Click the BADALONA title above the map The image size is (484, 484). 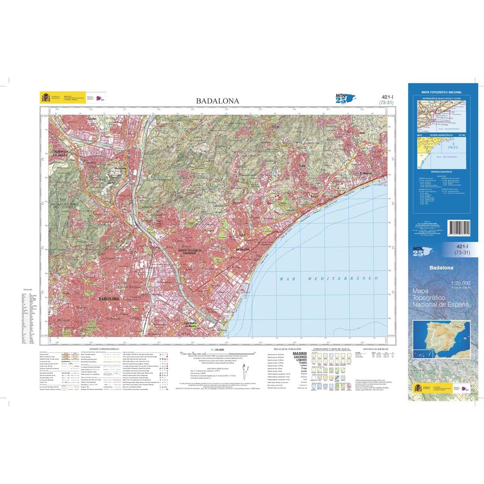click(x=217, y=101)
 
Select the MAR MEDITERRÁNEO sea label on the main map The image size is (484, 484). click(x=329, y=279)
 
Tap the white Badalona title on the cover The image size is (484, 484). click(x=441, y=267)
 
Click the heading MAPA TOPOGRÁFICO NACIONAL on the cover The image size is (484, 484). click(x=441, y=92)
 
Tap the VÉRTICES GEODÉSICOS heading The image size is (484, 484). click(x=376, y=348)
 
